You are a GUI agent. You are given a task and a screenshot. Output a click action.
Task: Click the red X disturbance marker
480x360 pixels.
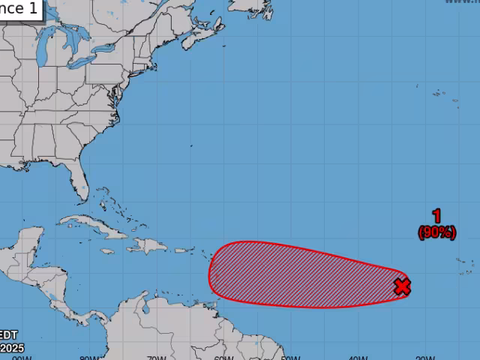click(403, 286)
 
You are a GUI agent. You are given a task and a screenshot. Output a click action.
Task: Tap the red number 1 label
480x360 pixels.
click(436, 216)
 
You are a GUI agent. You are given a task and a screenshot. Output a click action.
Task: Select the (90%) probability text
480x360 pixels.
click(436, 232)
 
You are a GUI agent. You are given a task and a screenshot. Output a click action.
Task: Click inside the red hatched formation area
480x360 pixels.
click(300, 274)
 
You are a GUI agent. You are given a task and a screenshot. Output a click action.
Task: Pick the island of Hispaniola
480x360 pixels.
click(150, 246)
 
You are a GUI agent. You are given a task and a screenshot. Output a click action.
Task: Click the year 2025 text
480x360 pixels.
click(11, 347)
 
